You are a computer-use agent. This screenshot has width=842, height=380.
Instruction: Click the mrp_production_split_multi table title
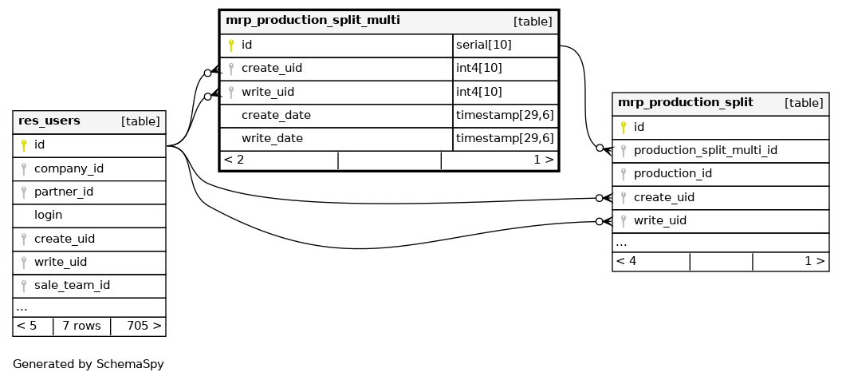pyautogui.click(x=313, y=20)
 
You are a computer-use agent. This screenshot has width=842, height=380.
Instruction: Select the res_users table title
pyautogui.click(x=49, y=121)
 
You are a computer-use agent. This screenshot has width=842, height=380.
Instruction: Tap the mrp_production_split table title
pyautogui.click(x=685, y=102)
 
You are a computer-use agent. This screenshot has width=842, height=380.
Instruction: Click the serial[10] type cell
pyautogui.click(x=483, y=46)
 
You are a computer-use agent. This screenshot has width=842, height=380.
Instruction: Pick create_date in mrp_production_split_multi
pyautogui.click(x=276, y=116)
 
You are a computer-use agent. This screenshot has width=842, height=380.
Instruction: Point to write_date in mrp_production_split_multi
pyautogui.click(x=272, y=138)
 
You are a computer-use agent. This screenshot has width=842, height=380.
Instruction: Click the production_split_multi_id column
pyautogui.click(x=705, y=150)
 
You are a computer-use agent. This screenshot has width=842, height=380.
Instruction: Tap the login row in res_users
pyautogui.click(x=48, y=216)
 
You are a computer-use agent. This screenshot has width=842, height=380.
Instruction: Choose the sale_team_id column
pyautogui.click(x=72, y=285)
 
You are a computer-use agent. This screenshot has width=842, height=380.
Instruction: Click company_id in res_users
pyautogui.click(x=69, y=169)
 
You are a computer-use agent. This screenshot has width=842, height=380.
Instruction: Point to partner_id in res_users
pyautogui.click(x=64, y=192)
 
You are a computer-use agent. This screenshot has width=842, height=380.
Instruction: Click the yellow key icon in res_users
pyautogui.click(x=24, y=145)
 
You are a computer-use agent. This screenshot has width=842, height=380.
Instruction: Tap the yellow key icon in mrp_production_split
pyautogui.click(x=624, y=127)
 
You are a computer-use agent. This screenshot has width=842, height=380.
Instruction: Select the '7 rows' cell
pyautogui.click(x=81, y=326)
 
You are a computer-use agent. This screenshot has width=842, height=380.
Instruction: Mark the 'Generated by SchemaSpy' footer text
pyautogui.click(x=88, y=364)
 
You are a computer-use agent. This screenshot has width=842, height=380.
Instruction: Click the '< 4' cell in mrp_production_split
pyautogui.click(x=626, y=260)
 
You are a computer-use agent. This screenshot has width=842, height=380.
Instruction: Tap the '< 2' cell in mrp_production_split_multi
pyautogui.click(x=234, y=160)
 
